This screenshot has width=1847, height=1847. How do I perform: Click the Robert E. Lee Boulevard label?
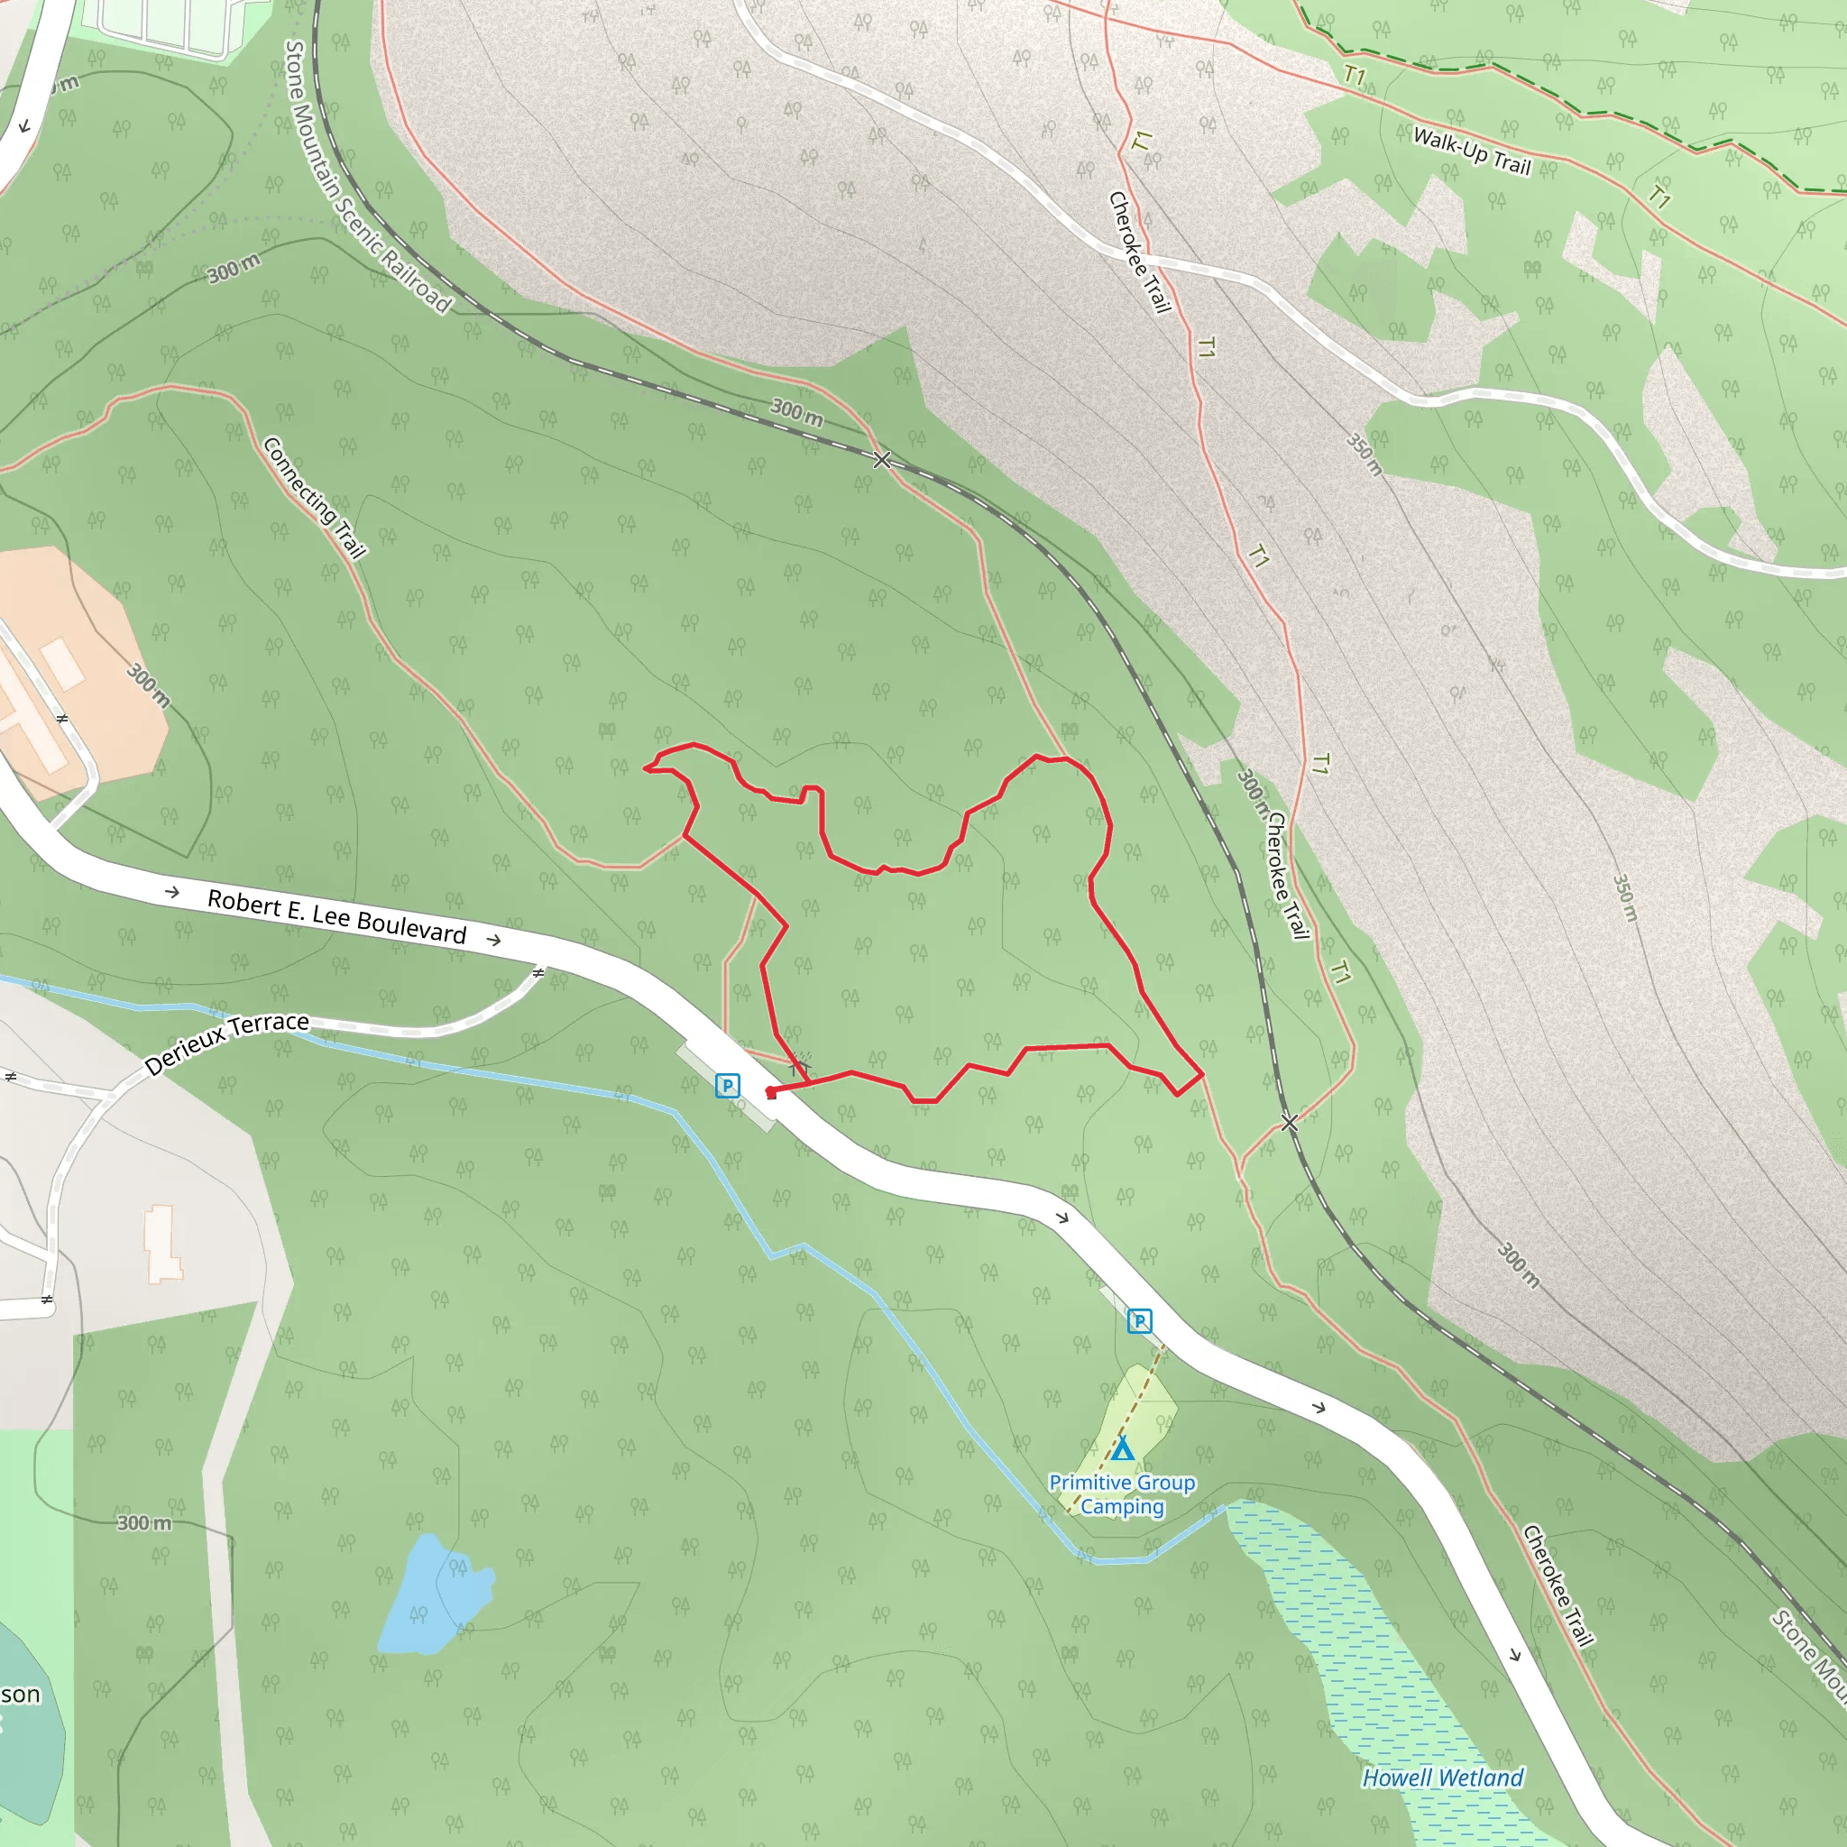[336, 917]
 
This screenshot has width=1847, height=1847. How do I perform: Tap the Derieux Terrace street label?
[226, 1043]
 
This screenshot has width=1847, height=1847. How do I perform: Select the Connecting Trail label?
[314, 497]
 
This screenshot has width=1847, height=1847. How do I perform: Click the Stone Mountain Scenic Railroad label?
[367, 177]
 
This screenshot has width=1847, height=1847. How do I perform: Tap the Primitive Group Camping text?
[1122, 1494]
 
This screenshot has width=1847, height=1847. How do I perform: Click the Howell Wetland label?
[1443, 1778]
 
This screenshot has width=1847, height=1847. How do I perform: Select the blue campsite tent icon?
[1122, 1449]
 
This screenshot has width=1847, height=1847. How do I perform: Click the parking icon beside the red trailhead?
[728, 1085]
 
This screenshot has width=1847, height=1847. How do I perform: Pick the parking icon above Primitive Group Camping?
[1139, 1320]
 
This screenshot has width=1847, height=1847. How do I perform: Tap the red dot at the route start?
[770, 1093]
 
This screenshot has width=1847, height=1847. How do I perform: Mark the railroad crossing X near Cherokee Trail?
[1289, 1122]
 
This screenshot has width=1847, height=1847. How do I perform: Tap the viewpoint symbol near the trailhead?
[799, 1063]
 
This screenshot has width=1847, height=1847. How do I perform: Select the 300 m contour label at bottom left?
[144, 1523]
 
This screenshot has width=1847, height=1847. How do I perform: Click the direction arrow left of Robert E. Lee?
[172, 892]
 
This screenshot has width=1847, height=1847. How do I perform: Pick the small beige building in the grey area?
[162, 1243]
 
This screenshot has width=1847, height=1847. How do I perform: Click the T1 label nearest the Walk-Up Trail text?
[1355, 75]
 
